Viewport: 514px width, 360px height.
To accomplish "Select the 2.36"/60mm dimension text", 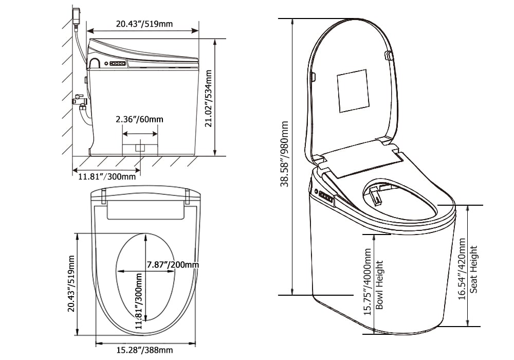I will (x=139, y=119).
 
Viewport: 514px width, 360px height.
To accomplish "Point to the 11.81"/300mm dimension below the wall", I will (x=107, y=176).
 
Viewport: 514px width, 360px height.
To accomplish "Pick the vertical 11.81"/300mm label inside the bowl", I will (x=139, y=301).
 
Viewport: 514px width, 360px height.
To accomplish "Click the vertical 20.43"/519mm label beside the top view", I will (x=71, y=283).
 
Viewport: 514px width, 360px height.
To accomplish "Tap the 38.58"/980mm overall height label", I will (x=284, y=154).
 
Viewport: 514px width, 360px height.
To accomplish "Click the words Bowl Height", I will (x=379, y=285).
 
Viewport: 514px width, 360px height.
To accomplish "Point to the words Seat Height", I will (x=473, y=269).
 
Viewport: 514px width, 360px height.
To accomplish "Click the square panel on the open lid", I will (x=353, y=91).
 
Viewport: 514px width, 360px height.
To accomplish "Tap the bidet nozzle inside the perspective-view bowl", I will (x=374, y=195).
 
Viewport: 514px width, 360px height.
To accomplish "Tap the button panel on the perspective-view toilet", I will (x=325, y=196).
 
